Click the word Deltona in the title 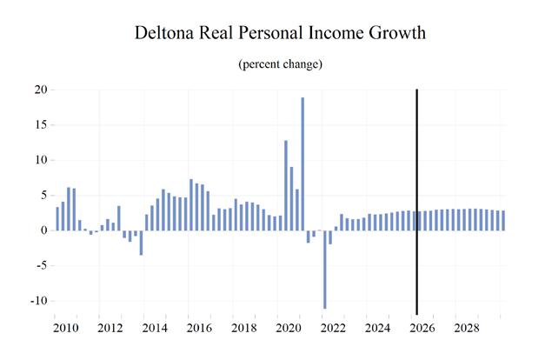[165, 33]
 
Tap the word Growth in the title [397, 33]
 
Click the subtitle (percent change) [280, 64]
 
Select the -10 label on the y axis [38, 301]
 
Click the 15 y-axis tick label [40, 125]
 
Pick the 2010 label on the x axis [66, 328]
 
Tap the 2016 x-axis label [199, 328]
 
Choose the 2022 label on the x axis [333, 328]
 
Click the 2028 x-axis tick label [467, 328]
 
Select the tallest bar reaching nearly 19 [302, 163]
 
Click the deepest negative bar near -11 [325, 270]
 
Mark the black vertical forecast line [416, 202]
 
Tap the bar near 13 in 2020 [286, 185]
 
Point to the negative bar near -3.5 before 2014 [141, 243]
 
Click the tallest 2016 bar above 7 [191, 205]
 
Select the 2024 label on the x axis [377, 328]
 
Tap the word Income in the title [336, 33]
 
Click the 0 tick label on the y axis [43, 230]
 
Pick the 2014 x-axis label [155, 328]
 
